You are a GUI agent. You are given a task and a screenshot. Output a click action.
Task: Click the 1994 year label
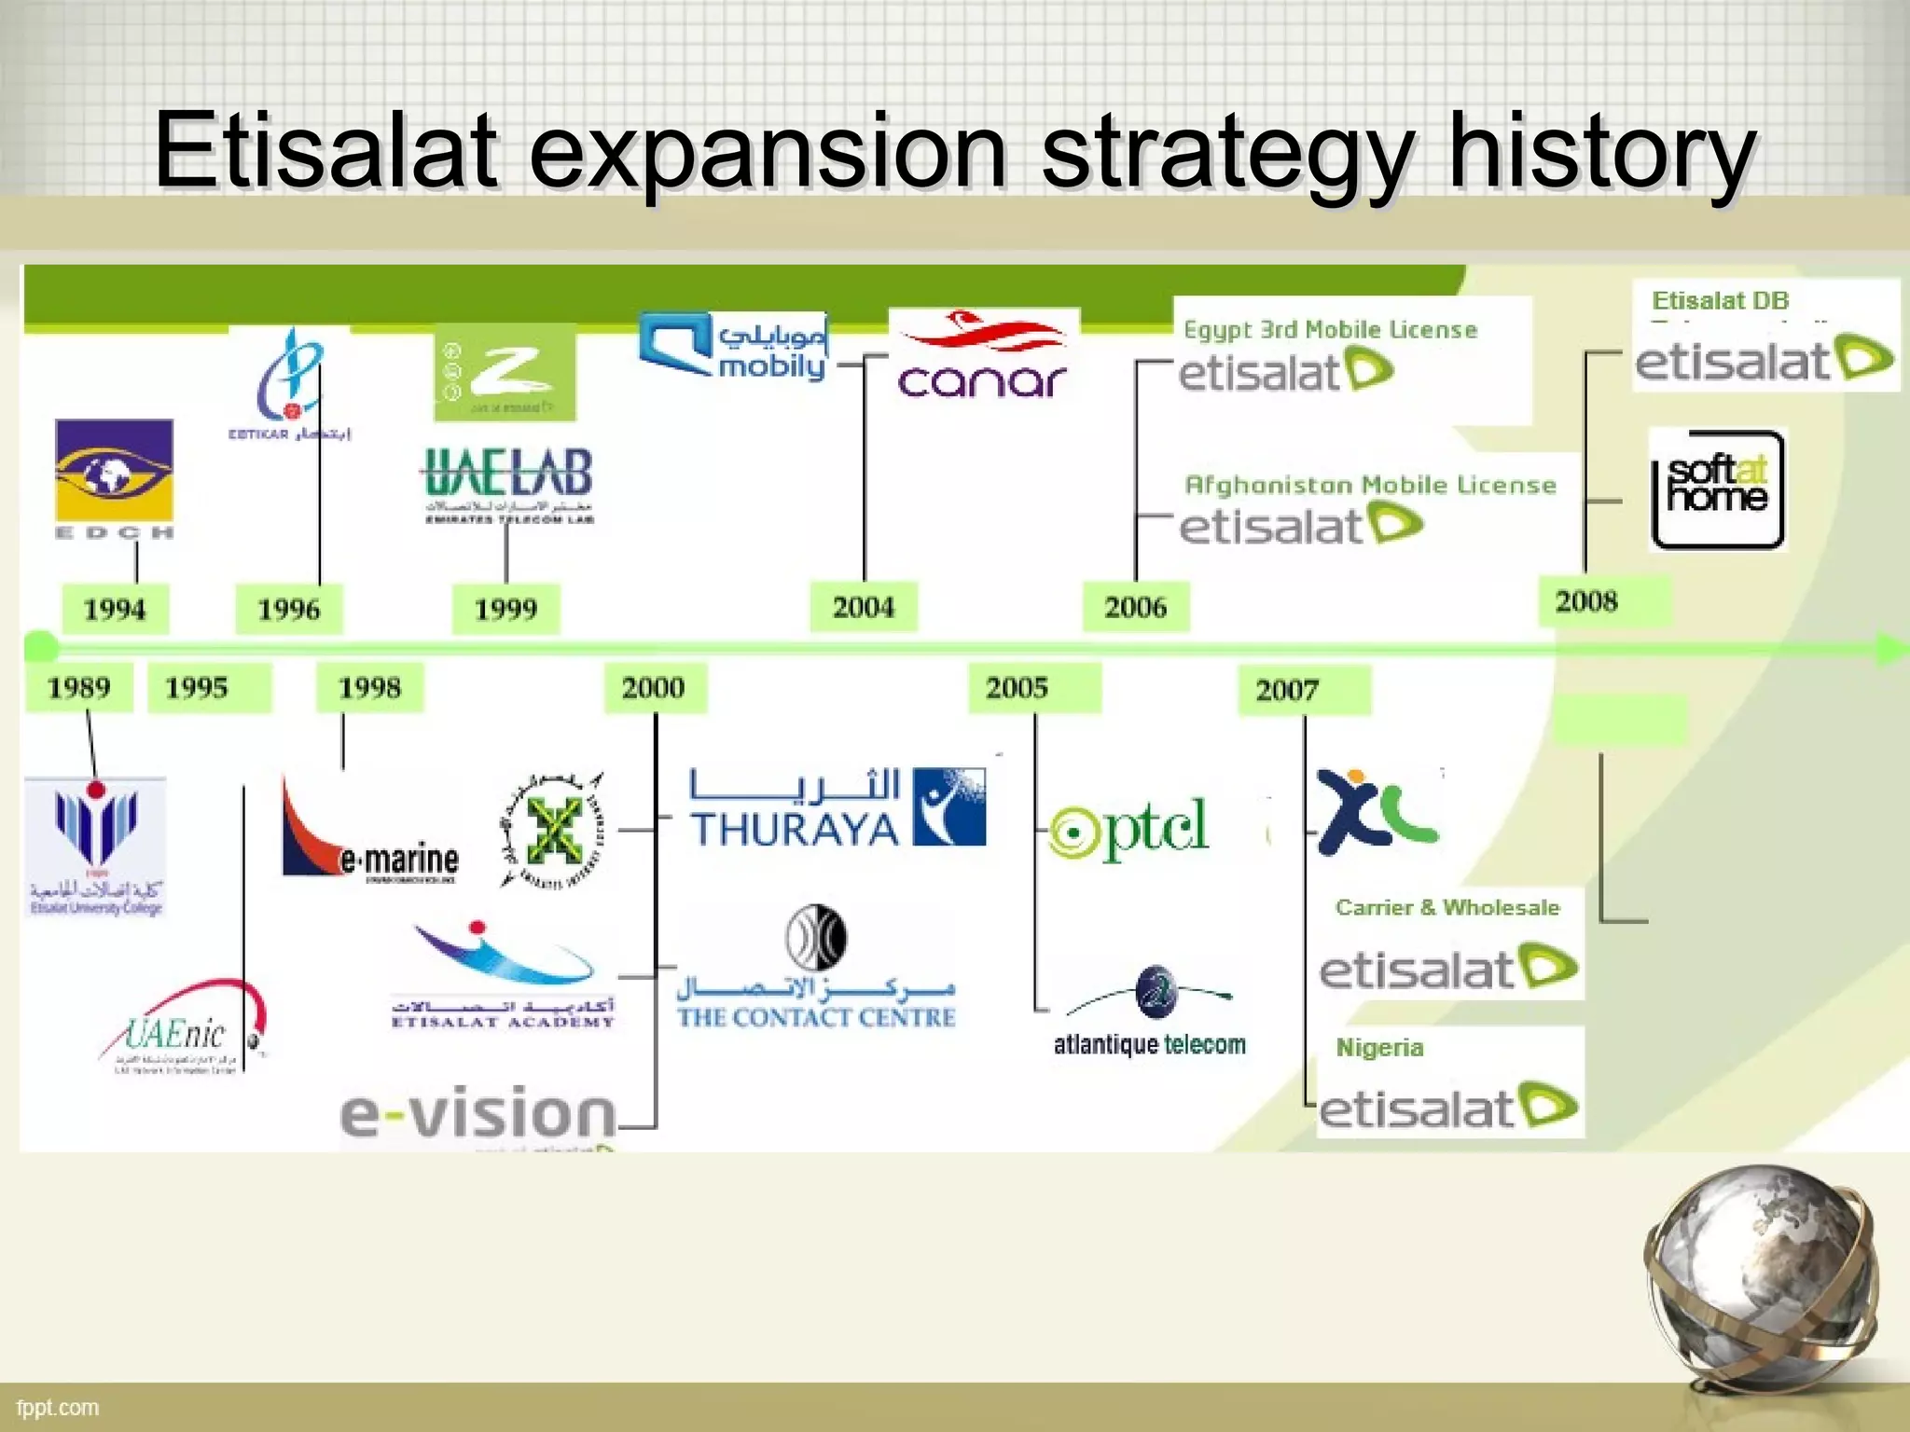pyautogui.click(x=115, y=610)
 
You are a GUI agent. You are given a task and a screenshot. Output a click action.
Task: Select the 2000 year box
pyautogui.click(x=654, y=688)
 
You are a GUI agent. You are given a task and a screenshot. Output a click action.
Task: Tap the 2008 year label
pyautogui.click(x=1587, y=601)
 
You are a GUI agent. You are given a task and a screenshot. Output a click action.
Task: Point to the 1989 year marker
pyautogui.click(x=79, y=688)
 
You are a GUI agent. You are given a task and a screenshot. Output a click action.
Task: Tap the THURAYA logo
pyautogui.click(x=837, y=808)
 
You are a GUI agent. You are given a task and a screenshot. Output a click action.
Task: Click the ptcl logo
pyautogui.click(x=1129, y=828)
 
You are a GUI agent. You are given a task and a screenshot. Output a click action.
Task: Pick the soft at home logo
pyautogui.click(x=1717, y=489)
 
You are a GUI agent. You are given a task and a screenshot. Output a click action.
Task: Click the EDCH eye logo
pyautogui.click(x=114, y=472)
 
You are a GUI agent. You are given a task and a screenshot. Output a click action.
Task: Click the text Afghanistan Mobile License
pyautogui.click(x=1370, y=486)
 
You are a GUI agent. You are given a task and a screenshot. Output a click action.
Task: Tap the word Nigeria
pyautogui.click(x=1379, y=1048)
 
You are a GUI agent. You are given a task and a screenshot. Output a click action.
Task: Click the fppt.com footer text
pyautogui.click(x=58, y=1408)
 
